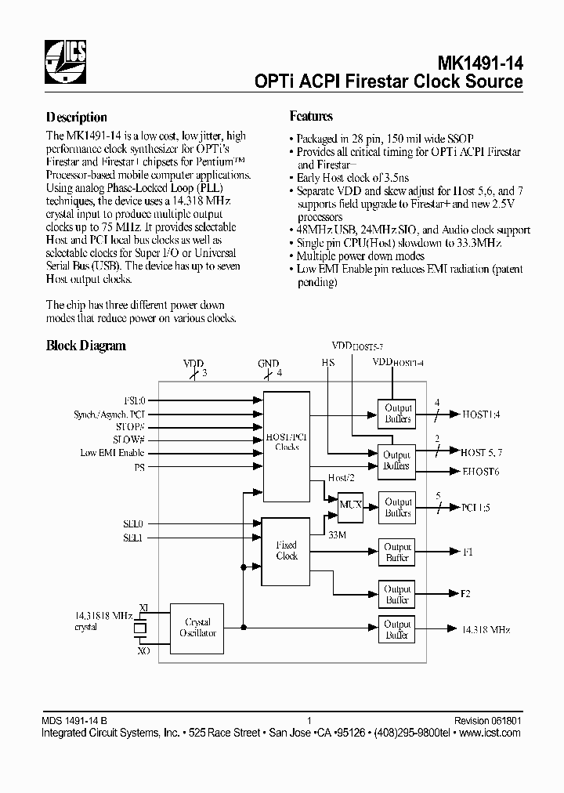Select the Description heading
pos(77,118)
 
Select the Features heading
pos(311,117)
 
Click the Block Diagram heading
pos(86,346)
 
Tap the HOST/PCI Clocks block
pos(287,442)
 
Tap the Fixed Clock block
pos(287,550)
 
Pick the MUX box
pos(350,505)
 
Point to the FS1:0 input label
pos(135,399)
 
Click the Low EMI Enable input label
pos(112,453)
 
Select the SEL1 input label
pos(134,538)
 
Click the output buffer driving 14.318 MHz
pos(397,629)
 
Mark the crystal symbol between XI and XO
pos(141,628)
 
